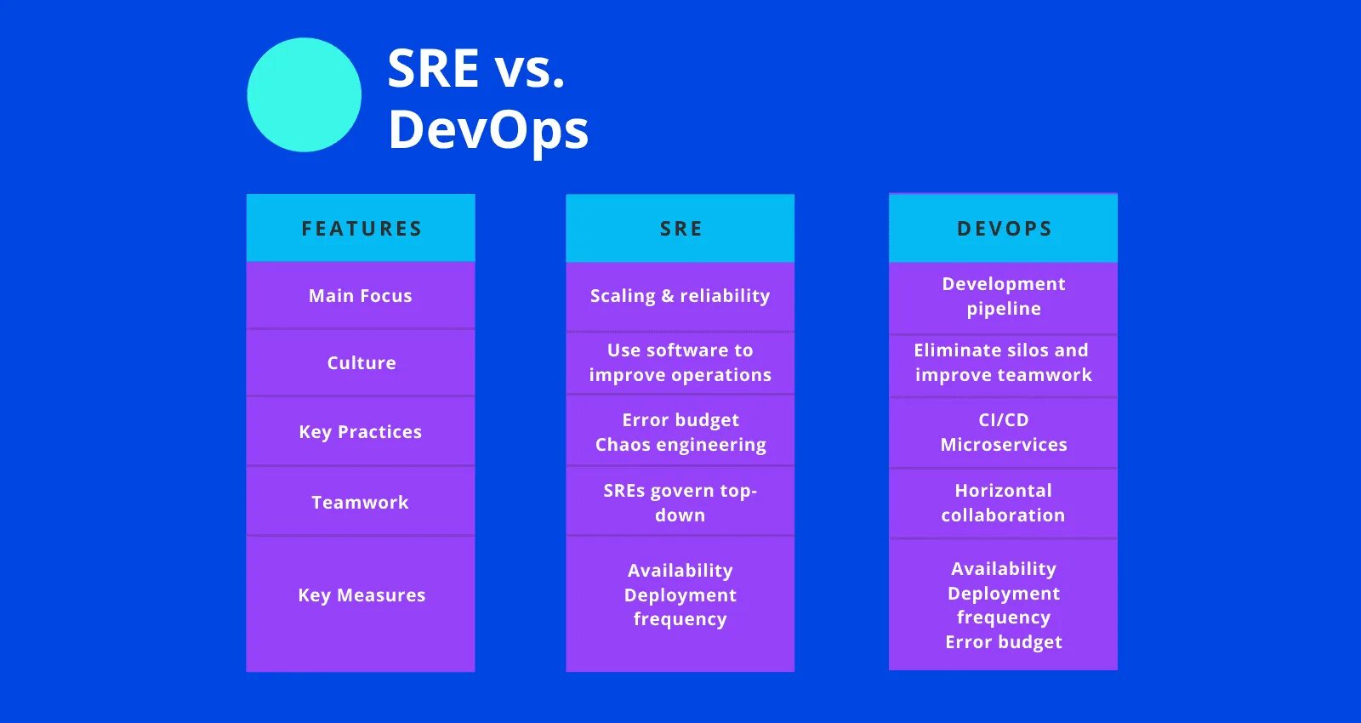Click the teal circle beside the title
coord(304,94)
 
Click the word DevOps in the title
coord(487,130)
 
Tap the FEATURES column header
coord(361,228)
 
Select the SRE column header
coord(680,228)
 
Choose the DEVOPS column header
coord(1004,228)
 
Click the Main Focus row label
coord(361,295)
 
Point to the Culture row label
coord(361,362)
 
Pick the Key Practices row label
coord(361,431)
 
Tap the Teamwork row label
coord(361,502)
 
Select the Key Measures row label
coord(361,595)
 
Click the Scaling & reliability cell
coord(680,295)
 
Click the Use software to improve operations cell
coord(680,362)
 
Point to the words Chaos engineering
coord(680,445)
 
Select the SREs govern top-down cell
coord(680,502)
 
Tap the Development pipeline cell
coord(1004,296)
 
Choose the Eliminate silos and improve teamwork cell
coord(1004,362)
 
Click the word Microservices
coord(1004,445)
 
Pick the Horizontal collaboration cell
coord(1004,502)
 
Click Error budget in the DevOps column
coord(1004,642)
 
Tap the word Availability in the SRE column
coord(680,570)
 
